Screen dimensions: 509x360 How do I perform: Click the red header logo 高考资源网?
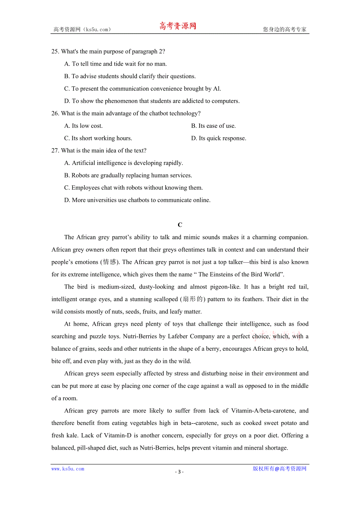coord(177,26)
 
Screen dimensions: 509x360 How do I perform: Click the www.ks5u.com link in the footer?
coord(68,469)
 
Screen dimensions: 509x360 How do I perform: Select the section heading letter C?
coord(180,225)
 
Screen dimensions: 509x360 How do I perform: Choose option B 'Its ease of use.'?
coord(213,126)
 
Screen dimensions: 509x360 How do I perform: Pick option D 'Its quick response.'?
coord(218,138)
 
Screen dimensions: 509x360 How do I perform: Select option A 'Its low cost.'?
coord(83,126)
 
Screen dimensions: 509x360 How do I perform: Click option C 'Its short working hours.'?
coord(98,138)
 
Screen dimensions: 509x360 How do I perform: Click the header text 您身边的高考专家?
coord(284,29)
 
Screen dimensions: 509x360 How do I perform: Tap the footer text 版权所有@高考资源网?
coord(279,469)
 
